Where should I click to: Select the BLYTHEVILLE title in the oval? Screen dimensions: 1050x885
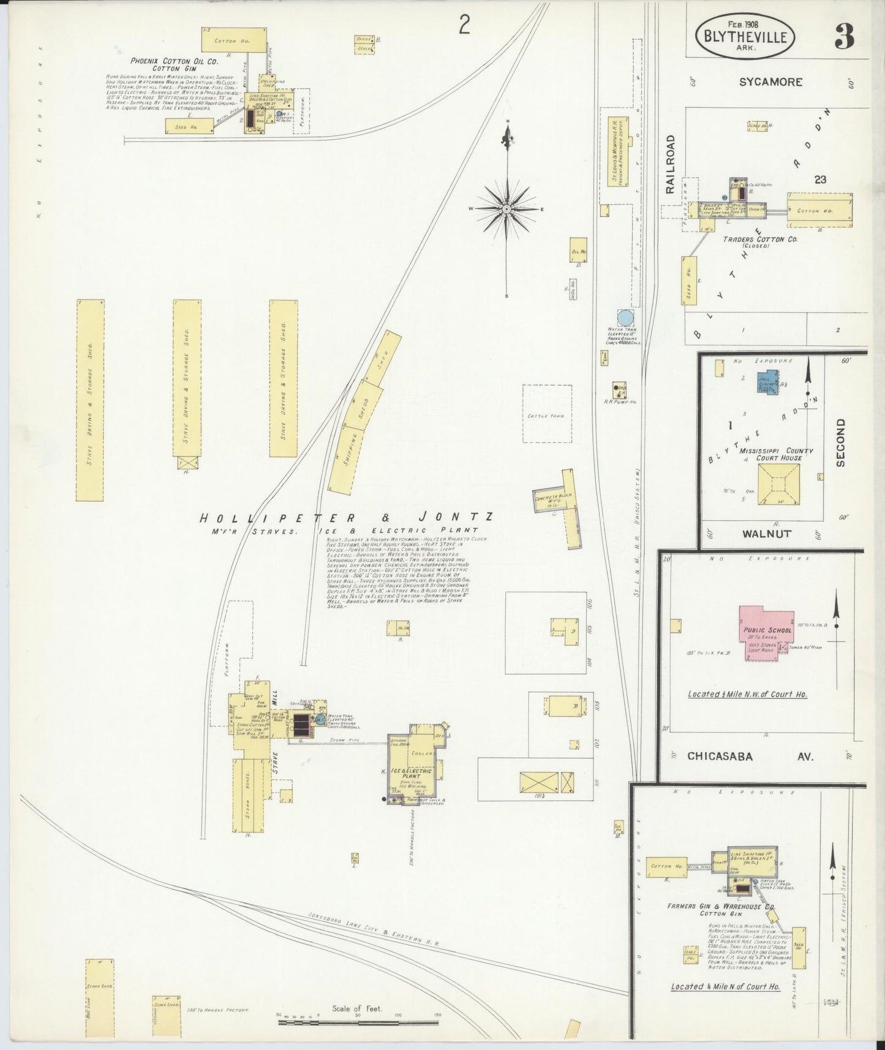pos(745,37)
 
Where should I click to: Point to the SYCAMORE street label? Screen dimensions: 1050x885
pos(770,81)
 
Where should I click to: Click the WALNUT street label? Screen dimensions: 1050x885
pos(766,533)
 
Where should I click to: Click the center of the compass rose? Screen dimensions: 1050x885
pos(507,210)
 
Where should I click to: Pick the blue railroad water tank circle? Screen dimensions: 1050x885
pos(625,318)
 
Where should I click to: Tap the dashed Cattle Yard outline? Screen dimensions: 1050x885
pos(547,414)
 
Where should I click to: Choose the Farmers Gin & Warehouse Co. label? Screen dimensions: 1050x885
pos(722,906)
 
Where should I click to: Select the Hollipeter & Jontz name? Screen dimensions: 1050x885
pos(346,518)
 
